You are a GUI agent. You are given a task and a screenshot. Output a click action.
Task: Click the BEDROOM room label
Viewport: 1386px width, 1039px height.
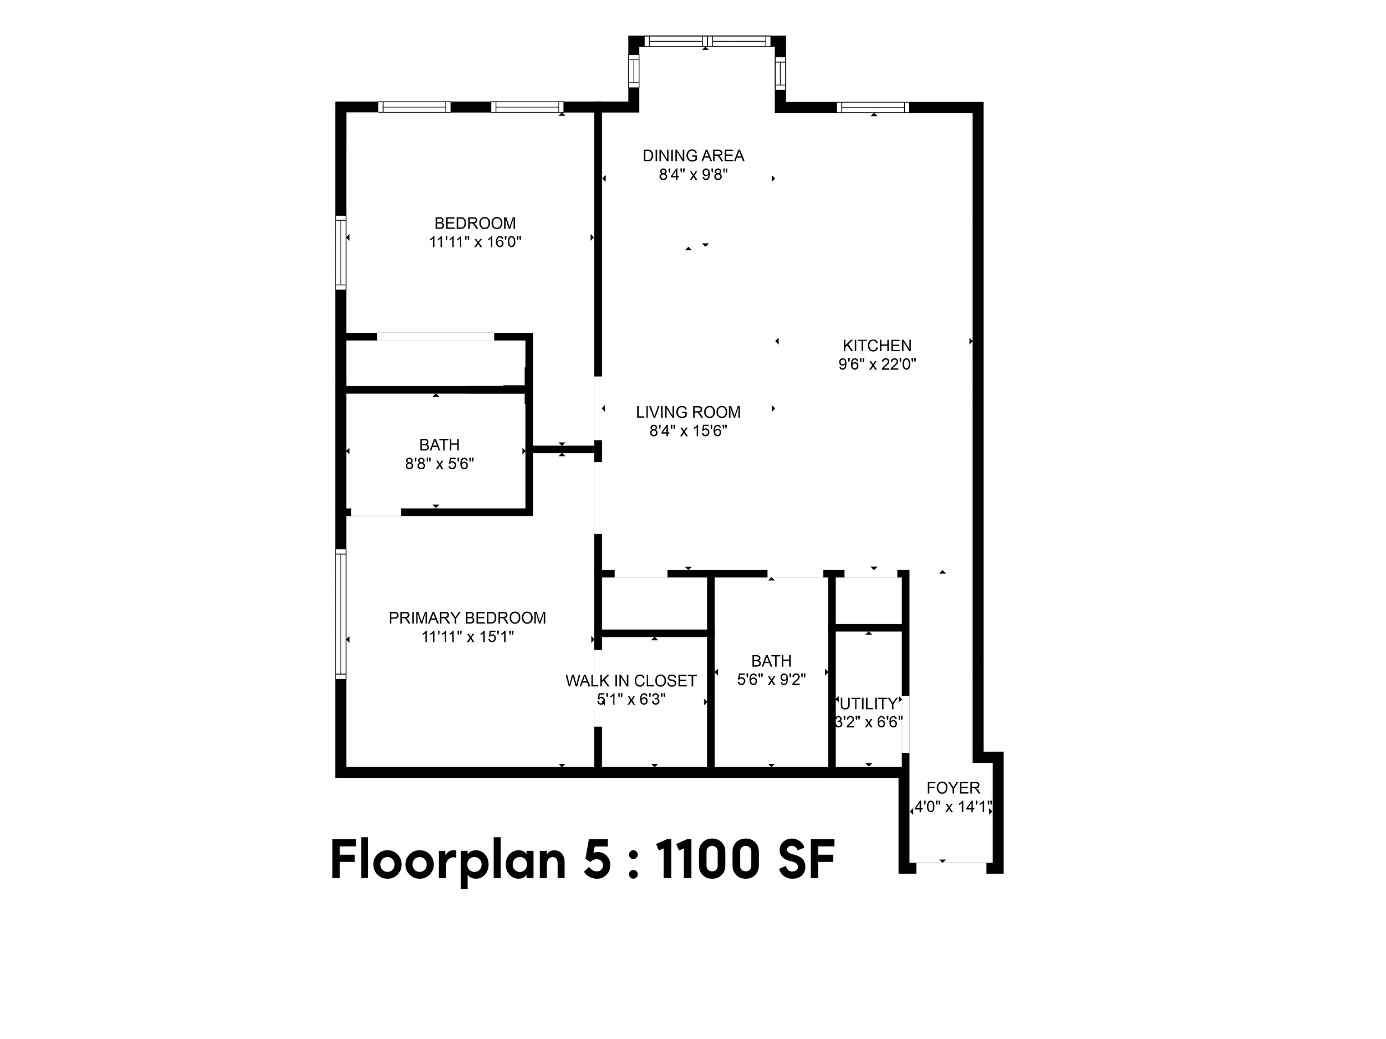475,223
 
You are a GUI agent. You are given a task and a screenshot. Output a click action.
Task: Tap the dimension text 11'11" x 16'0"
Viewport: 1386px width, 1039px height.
475,242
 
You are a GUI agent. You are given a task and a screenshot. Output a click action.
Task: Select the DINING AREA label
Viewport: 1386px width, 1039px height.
693,155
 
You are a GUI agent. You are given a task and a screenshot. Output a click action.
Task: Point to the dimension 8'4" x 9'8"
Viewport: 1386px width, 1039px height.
693,174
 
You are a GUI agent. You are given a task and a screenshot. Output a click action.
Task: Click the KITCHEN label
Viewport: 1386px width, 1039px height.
877,346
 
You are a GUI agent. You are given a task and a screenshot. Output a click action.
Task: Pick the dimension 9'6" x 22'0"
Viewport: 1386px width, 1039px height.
877,364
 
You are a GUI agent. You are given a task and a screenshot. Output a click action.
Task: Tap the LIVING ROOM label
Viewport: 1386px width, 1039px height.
688,412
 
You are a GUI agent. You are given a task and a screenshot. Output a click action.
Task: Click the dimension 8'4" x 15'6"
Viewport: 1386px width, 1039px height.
688,431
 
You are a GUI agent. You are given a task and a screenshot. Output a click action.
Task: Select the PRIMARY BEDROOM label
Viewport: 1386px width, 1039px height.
467,619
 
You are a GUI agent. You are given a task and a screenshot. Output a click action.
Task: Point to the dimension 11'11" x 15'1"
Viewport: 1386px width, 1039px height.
467,637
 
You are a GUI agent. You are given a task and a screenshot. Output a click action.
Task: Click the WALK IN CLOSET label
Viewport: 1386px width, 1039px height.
631,681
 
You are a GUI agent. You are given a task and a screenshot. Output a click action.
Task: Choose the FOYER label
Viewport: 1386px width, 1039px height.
953,788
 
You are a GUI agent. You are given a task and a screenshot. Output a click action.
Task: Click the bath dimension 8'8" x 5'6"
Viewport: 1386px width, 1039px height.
439,464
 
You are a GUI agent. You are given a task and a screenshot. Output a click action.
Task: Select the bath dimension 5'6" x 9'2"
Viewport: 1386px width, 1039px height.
771,680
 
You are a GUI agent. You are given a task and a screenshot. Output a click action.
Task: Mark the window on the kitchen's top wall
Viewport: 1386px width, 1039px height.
873,107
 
